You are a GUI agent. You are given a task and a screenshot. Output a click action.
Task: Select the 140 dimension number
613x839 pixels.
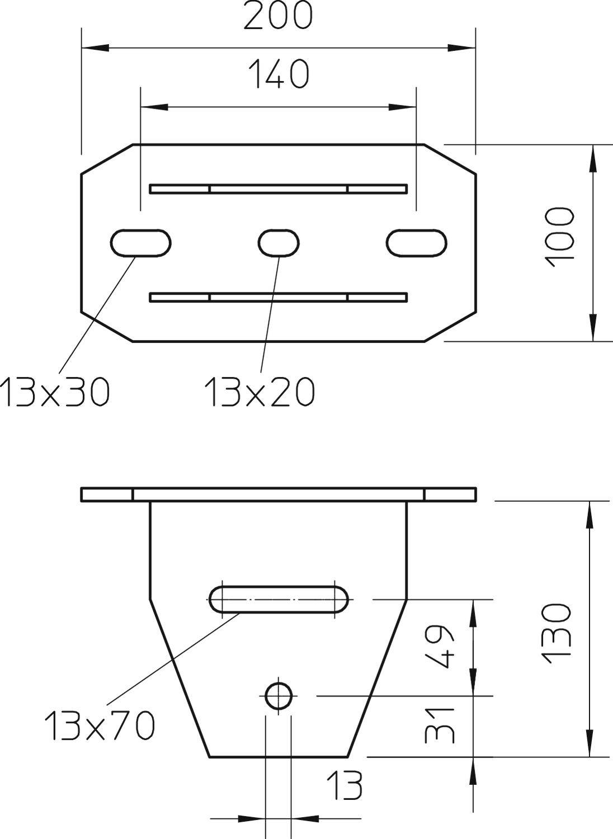click(278, 75)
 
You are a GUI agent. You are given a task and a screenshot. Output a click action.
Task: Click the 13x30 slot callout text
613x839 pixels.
click(55, 392)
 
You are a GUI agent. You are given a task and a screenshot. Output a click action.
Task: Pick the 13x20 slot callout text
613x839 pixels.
click(260, 392)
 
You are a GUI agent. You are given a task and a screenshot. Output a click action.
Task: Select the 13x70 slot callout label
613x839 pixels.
click(100, 725)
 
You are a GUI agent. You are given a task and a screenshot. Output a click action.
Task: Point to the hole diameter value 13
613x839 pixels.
click(344, 786)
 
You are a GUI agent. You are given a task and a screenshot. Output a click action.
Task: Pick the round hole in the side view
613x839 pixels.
click(279, 696)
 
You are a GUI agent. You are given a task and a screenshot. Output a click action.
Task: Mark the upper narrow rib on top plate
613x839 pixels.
click(279, 189)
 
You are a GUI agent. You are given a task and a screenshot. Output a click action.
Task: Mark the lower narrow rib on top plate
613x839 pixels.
click(279, 297)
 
